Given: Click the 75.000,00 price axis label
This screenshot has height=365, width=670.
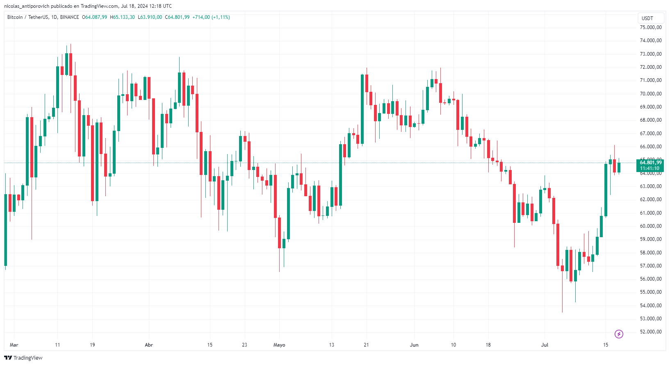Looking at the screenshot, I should pos(650,27).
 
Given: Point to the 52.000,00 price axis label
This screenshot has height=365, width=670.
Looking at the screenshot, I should pos(650,332).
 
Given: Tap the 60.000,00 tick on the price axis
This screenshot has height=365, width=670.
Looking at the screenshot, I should pos(650,226).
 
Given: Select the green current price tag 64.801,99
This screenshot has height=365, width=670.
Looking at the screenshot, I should pos(650,163).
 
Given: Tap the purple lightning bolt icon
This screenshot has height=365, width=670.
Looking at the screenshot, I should pos(619,334).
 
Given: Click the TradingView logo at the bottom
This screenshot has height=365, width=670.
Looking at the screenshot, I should pos(23,358).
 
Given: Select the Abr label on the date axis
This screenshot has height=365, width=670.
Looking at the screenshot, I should pos(149,345).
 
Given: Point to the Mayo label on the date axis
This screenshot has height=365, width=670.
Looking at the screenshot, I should pos(279,345).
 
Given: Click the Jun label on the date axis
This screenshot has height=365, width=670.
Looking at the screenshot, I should pos(414,345).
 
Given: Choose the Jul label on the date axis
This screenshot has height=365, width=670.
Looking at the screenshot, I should pos(545,345).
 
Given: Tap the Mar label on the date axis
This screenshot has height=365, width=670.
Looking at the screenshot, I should pos(14,345).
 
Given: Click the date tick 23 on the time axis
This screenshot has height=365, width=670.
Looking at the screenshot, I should pos(244,345).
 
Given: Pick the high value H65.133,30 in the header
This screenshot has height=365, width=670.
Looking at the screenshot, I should pos(122,17).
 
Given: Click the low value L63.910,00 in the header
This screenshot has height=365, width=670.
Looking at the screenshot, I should pos(150,17).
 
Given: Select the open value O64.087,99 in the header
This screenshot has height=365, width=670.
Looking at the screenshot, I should pos(94,17).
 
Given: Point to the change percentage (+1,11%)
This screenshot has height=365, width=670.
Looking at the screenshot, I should pos(221,17).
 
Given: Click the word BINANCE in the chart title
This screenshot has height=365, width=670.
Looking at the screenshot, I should pos(69,17).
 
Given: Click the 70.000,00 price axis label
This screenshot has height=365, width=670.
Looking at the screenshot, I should pos(650,94).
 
